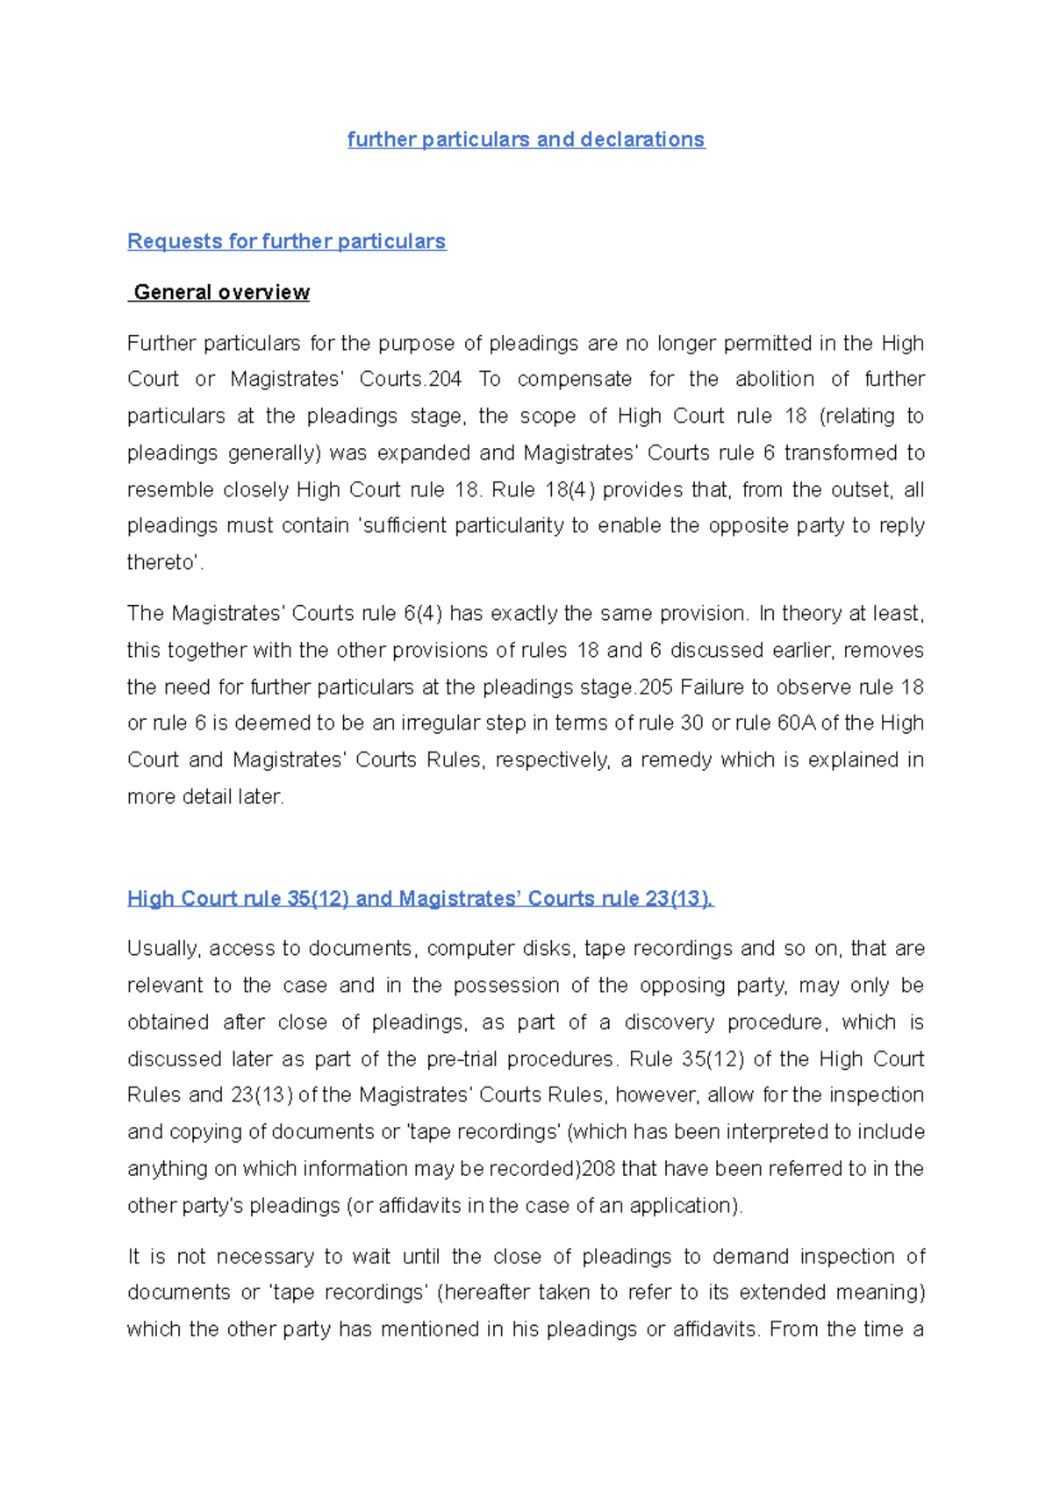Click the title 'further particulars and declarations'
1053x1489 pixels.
526,139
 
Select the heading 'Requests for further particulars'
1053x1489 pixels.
286,241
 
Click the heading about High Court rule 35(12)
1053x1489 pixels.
420,898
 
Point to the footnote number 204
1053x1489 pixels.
446,379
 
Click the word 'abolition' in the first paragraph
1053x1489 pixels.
775,379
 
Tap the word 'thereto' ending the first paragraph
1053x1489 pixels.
162,562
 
